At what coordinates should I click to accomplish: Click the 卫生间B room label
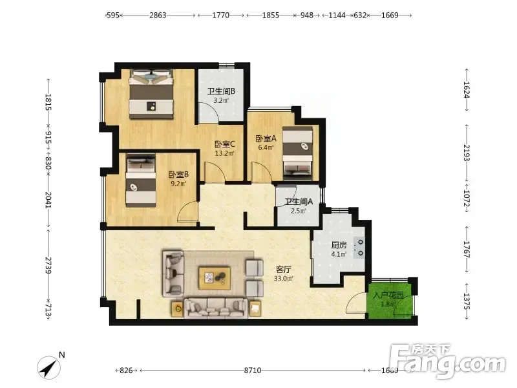tap(221, 91)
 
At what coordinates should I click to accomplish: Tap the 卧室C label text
tap(224, 144)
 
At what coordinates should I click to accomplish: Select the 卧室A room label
tap(266, 138)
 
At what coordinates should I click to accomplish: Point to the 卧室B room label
tap(178, 175)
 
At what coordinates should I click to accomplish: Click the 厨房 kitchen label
tap(339, 245)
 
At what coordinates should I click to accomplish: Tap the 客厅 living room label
tap(283, 269)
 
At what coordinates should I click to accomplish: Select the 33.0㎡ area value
tap(283, 279)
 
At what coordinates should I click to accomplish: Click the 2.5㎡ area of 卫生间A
tap(299, 211)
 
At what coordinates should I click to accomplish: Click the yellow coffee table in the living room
tap(215, 278)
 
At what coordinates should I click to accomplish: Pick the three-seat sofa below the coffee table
tap(216, 308)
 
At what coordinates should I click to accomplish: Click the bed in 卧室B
tap(141, 180)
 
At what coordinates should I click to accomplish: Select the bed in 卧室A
tap(298, 153)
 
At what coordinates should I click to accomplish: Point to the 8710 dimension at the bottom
tap(253, 371)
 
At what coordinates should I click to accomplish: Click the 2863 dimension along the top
tap(158, 15)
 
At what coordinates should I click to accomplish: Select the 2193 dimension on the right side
tap(467, 153)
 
